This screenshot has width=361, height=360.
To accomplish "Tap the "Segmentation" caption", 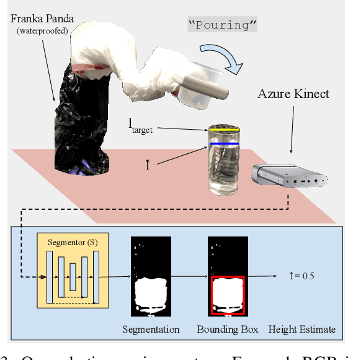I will point(151,330).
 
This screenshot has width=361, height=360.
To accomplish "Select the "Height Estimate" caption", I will point(301,330).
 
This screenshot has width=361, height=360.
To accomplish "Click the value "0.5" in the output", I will point(307,276).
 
